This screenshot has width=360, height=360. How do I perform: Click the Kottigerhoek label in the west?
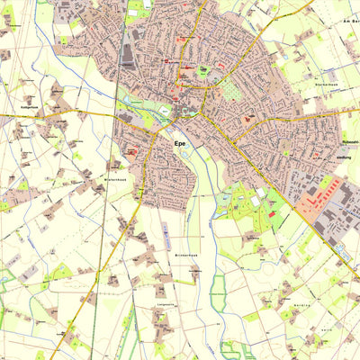pos(30,107)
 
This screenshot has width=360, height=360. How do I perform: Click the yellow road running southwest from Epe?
pos(90,270)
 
